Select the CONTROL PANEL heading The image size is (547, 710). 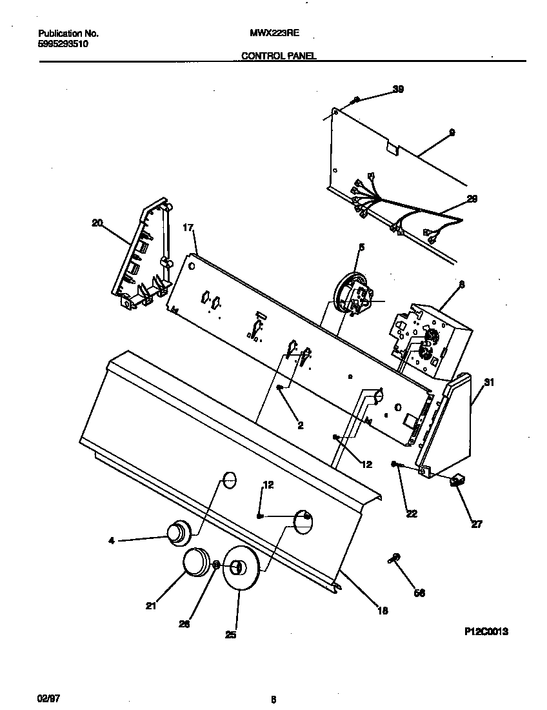click(278, 56)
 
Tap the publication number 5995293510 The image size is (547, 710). click(63, 44)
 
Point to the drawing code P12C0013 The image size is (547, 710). click(486, 632)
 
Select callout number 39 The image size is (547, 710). click(398, 90)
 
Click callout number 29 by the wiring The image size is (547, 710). click(472, 199)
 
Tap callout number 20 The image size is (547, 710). click(97, 223)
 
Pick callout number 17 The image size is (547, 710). click(188, 227)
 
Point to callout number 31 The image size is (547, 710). click(489, 383)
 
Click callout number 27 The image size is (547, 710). click(476, 524)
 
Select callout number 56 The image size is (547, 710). click(419, 593)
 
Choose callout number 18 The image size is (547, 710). click(382, 610)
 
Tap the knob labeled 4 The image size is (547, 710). click(175, 532)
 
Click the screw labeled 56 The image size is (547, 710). click(395, 558)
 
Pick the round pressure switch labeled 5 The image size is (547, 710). click(350, 294)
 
